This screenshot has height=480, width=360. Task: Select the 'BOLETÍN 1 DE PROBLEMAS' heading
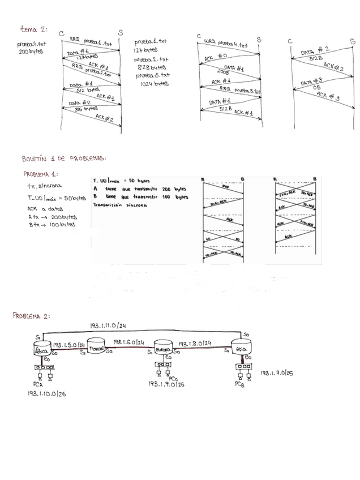click(64, 158)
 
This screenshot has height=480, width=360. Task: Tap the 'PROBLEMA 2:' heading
click(32, 315)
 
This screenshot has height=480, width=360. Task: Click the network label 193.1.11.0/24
click(108, 325)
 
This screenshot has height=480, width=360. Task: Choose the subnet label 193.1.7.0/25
click(277, 374)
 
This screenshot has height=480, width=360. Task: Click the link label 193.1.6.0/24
click(128, 342)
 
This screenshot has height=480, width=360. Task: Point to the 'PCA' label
click(38, 383)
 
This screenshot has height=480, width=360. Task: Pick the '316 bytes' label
click(87, 109)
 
